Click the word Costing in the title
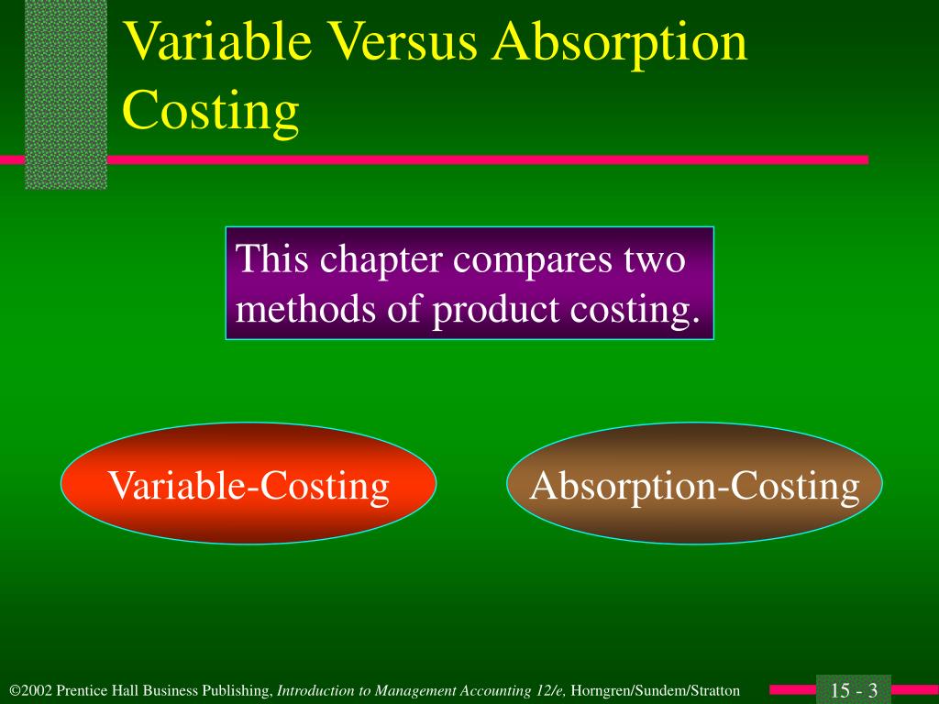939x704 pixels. (x=211, y=110)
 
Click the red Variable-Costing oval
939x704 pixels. (x=249, y=484)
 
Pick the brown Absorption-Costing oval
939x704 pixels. (x=694, y=484)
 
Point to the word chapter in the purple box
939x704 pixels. (x=378, y=260)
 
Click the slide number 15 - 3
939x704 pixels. (x=855, y=690)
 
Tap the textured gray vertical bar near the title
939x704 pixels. (x=65, y=92)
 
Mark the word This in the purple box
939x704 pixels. (x=271, y=260)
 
